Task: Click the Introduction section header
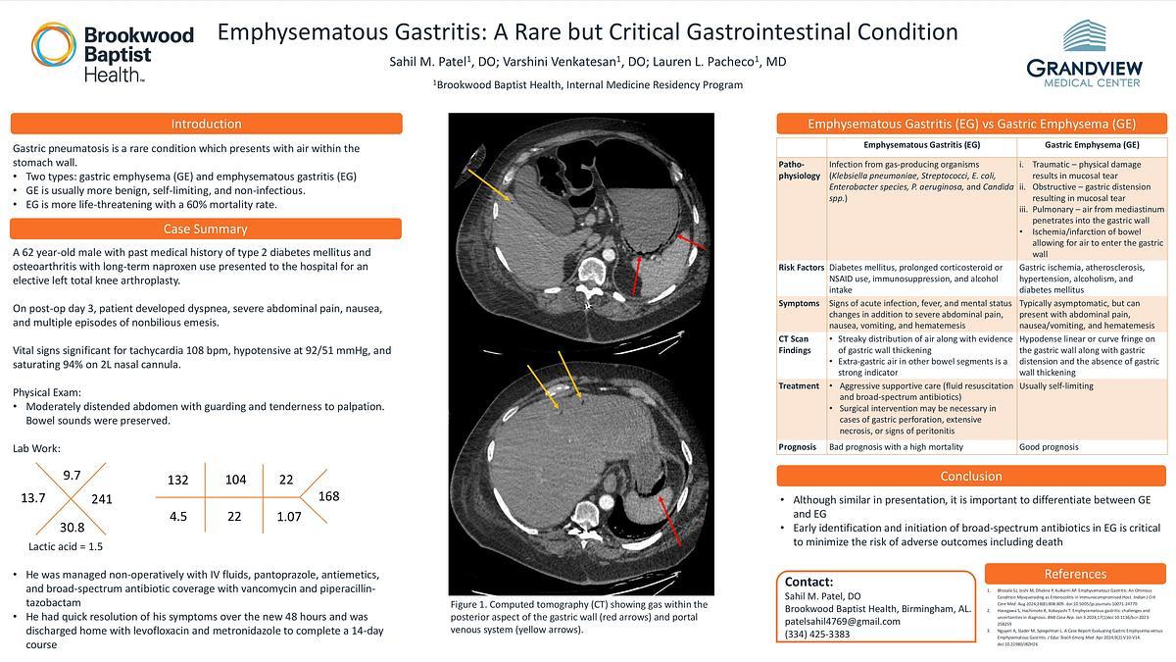tap(206, 124)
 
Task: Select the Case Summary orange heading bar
tap(206, 229)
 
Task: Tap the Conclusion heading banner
tap(970, 476)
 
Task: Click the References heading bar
tap(1075, 574)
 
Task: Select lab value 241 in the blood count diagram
tap(102, 499)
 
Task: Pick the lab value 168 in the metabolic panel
tap(328, 496)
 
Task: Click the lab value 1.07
tap(288, 516)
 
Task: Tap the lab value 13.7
tap(33, 499)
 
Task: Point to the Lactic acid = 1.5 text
tap(66, 546)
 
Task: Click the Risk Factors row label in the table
tap(800, 267)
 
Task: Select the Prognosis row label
tap(797, 447)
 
